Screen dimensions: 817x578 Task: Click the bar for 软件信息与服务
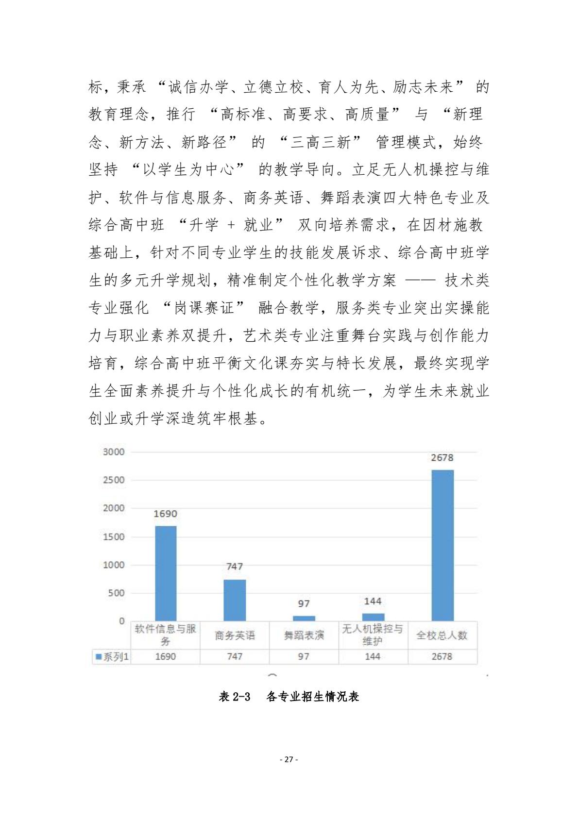(x=166, y=573)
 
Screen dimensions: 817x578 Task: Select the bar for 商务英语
(x=235, y=600)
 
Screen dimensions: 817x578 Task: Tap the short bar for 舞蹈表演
(x=304, y=618)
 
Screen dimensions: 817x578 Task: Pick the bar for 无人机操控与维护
(x=373, y=617)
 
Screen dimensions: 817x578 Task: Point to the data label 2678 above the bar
(x=442, y=457)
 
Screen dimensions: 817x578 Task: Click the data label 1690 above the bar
(x=166, y=514)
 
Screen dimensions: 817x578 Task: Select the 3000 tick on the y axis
(x=114, y=451)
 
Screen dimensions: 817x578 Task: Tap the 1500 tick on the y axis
(x=114, y=536)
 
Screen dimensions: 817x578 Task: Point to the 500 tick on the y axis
(x=116, y=593)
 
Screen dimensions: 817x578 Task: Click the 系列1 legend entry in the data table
(x=112, y=656)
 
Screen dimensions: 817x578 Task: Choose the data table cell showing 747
(x=235, y=656)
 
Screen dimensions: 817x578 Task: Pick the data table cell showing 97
(x=304, y=656)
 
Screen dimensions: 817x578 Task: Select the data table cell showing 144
(x=373, y=656)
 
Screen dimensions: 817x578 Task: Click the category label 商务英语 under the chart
(x=235, y=635)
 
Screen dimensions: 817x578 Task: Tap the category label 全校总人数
(x=442, y=635)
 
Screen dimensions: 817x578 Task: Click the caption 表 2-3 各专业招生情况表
(x=289, y=697)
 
